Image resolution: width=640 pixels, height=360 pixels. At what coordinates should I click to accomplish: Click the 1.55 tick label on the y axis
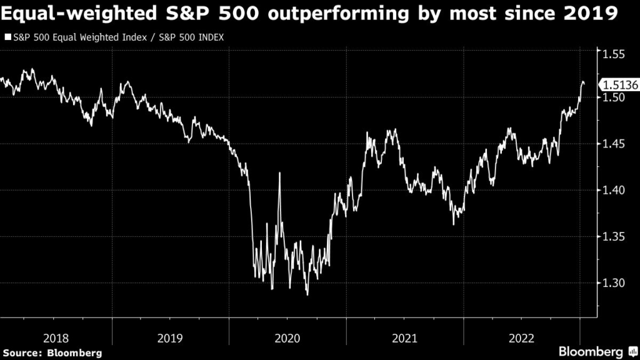614,54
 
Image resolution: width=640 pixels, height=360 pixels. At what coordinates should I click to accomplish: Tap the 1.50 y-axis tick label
614,98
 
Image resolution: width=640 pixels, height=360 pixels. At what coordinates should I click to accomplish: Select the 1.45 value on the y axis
614,144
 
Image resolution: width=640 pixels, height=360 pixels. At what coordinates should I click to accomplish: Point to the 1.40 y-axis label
614,191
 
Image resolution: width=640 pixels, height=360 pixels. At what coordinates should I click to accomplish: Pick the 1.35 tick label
614,237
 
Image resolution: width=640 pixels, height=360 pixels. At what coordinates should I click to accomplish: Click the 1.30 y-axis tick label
614,283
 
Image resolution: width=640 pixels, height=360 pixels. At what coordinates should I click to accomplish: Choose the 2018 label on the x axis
56,338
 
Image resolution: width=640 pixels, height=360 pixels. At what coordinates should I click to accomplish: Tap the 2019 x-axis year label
171,338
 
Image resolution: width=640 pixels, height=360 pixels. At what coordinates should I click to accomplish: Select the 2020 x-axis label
287,338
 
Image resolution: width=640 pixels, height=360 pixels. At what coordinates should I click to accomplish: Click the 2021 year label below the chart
404,338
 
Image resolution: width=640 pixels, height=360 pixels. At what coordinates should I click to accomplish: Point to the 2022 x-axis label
521,338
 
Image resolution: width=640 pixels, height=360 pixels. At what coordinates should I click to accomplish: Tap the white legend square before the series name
7,37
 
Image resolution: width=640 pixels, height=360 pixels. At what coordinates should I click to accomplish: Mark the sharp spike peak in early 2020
279,173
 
